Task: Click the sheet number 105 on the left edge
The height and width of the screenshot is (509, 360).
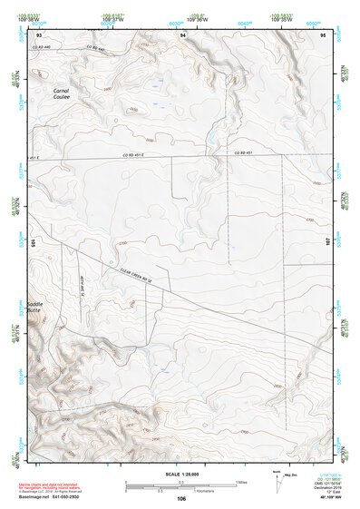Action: tap(32, 243)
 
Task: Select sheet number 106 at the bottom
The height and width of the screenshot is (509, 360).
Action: tap(181, 499)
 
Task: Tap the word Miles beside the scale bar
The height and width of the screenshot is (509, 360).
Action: tap(243, 481)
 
